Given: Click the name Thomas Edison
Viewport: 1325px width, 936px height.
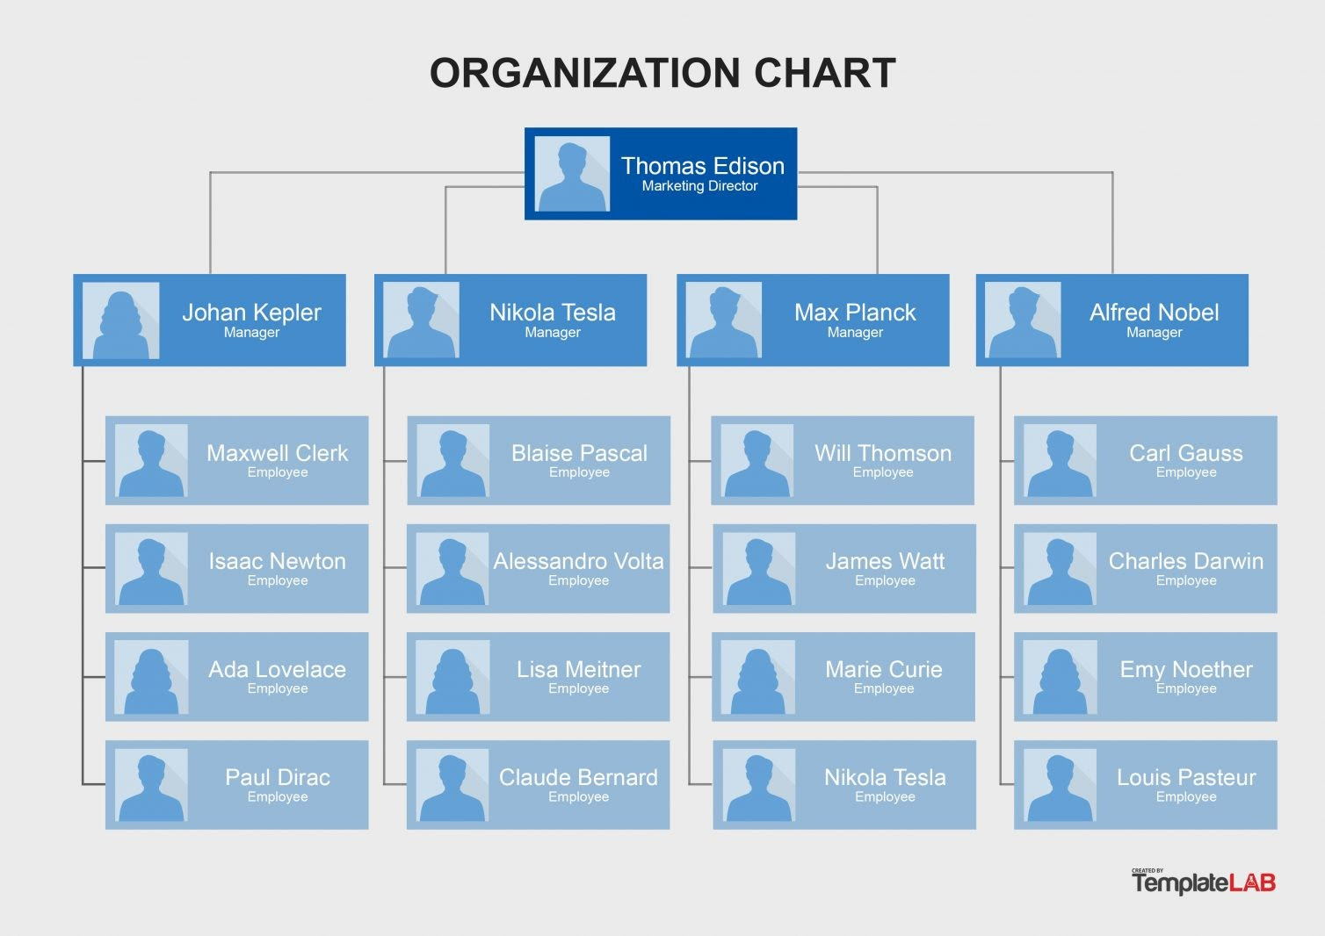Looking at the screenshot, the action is coord(702,166).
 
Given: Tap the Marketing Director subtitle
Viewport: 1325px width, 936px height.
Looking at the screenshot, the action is coord(699,186).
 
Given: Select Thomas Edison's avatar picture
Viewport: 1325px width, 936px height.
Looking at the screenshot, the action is coord(572,174).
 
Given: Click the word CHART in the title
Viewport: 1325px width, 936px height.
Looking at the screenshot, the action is coord(824,74).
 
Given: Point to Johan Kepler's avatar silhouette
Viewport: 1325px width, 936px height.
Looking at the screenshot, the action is coord(120,320).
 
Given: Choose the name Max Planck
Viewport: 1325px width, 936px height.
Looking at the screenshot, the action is coord(855,313).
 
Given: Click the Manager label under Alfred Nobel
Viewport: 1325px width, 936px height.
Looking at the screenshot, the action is coord(1154,332).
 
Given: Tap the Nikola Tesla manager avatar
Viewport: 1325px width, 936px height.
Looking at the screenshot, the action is coord(421,320).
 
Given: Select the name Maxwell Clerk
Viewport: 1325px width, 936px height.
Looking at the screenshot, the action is coord(278,453).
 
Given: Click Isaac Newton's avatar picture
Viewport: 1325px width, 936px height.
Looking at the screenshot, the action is coord(151,569).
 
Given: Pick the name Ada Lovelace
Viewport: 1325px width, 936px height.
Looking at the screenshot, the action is coord(278,669).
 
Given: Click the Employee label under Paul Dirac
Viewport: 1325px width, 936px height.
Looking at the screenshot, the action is coord(278,796).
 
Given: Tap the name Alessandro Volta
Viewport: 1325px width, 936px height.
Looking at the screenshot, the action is coord(578,561).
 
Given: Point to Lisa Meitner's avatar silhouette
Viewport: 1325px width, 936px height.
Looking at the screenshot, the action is coord(453,677).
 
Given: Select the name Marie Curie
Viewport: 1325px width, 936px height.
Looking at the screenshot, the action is coord(884,669).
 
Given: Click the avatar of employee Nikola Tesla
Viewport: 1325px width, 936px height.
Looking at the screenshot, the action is coord(759,785).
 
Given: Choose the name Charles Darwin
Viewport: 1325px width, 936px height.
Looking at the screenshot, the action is coord(1186,561).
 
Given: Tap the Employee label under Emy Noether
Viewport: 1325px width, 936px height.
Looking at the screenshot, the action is coord(1186,688).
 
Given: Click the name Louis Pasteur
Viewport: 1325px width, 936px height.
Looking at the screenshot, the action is coord(1186,778).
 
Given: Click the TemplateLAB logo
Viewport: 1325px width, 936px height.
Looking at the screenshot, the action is coord(1204,882).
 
